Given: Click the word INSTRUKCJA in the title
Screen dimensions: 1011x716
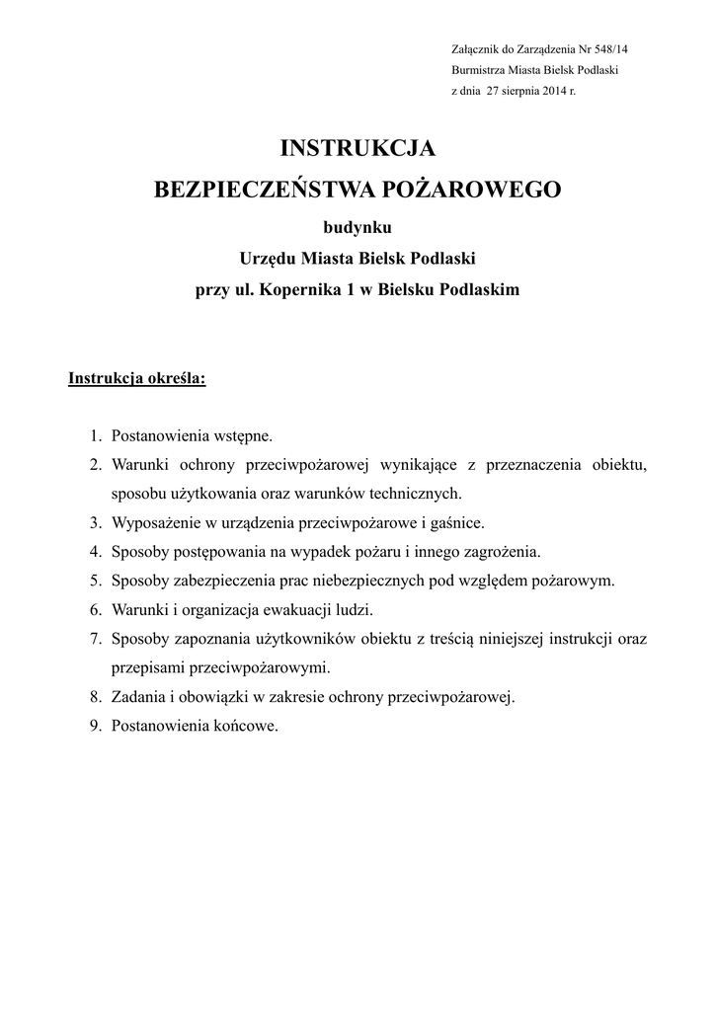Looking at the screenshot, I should point(358,149).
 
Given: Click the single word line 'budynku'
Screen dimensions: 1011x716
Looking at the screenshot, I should point(358,227).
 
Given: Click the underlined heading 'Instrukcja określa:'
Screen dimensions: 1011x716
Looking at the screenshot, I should point(136,378).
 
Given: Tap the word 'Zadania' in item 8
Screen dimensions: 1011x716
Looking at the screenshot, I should point(137,697).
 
